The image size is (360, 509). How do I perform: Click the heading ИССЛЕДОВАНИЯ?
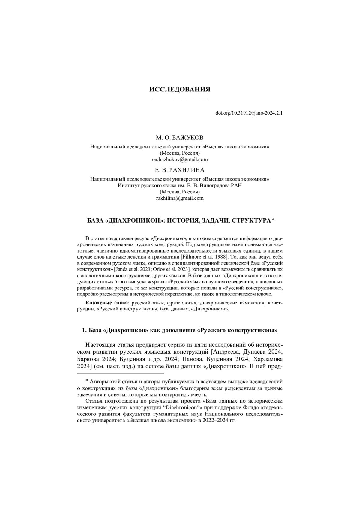180,89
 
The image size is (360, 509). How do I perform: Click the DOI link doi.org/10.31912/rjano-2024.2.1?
249,113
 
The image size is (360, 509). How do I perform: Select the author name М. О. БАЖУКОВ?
180,138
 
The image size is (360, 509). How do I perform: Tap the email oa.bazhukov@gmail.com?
180,159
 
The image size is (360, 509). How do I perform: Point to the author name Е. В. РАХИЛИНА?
180,170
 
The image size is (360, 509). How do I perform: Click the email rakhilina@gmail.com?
180,198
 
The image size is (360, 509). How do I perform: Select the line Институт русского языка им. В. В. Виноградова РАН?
180,185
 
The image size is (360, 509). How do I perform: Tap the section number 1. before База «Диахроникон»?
85,331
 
